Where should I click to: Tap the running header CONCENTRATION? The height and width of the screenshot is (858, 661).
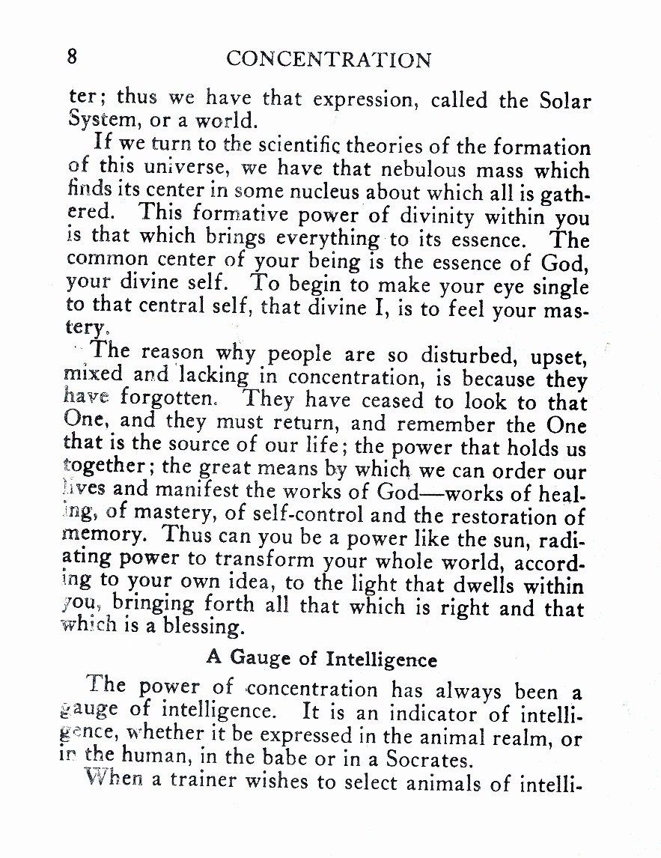[329, 59]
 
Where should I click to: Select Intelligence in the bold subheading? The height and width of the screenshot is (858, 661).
[382, 660]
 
